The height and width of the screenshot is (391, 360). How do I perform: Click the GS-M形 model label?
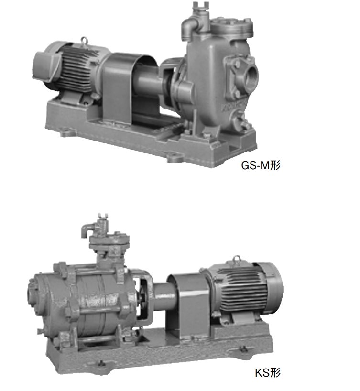point(261,165)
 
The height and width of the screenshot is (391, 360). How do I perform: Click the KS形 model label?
point(268,373)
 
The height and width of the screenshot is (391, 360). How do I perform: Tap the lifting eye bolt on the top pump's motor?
point(84,41)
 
